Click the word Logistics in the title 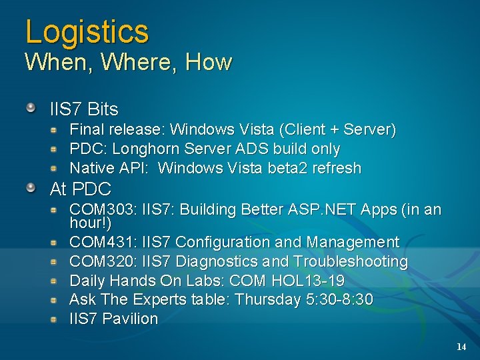pos(87,31)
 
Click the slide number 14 pos(461,347)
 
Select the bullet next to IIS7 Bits pos(31,107)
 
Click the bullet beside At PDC pos(31,188)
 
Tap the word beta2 pos(291,168)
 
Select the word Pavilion pos(131,319)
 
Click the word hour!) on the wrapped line pos(90,223)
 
